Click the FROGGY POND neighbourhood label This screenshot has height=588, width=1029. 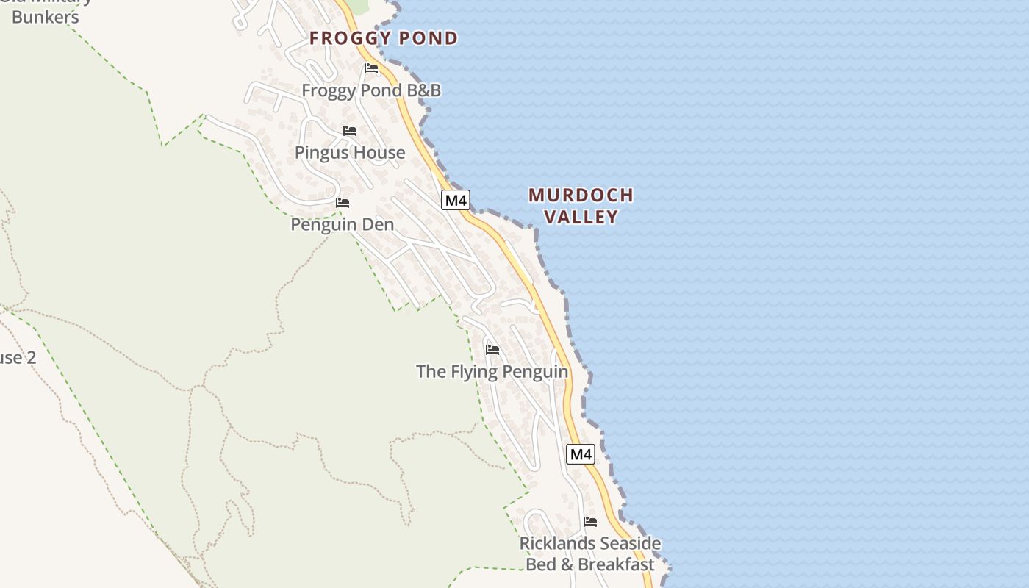[384, 38]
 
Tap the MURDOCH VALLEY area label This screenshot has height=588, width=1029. [581, 206]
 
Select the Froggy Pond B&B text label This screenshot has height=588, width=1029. [371, 90]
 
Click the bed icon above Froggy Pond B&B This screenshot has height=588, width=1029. [371, 68]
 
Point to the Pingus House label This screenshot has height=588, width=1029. [350, 153]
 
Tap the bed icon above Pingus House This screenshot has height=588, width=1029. [350, 131]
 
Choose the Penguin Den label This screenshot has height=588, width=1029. [343, 224]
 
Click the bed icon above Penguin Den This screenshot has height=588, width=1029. [343, 202]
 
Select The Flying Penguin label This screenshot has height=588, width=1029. [492, 371]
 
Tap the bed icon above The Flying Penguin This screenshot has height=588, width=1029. [492, 349]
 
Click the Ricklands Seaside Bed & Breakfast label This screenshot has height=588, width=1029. [590, 554]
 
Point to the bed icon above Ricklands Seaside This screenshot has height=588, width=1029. [590, 522]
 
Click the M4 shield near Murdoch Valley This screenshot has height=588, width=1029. [456, 200]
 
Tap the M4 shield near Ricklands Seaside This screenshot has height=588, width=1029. [581, 454]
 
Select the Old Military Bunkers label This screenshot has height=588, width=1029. [46, 10]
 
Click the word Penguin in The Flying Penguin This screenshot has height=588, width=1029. [534, 371]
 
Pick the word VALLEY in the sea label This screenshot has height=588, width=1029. [581, 217]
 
